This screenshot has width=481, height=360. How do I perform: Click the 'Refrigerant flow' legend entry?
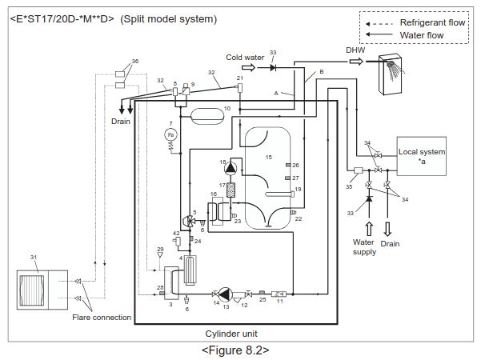pyautogui.click(x=433, y=22)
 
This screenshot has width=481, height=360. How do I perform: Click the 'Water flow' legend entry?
pyautogui.click(x=422, y=35)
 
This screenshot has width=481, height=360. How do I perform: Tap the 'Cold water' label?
pyautogui.click(x=244, y=58)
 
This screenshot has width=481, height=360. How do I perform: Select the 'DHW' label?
pyautogui.click(x=355, y=50)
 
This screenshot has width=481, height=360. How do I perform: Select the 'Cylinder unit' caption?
pyautogui.click(x=231, y=333)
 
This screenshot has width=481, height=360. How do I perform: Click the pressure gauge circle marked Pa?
pyautogui.click(x=170, y=137)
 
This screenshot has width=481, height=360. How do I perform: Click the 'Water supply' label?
pyautogui.click(x=364, y=246)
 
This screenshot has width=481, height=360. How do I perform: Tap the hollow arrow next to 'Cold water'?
pyautogui.click(x=250, y=68)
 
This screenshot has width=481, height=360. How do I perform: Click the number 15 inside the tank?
pyautogui.click(x=269, y=158)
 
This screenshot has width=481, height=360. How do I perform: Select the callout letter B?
pyautogui.click(x=321, y=73)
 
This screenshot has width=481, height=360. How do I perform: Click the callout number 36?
pyautogui.click(x=134, y=61)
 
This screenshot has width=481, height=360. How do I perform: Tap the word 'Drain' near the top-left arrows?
pyautogui.click(x=121, y=122)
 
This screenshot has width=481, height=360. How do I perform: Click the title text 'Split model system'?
pyautogui.click(x=168, y=18)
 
